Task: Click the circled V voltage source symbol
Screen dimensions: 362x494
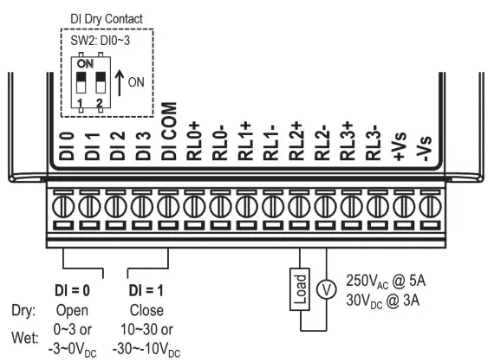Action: click(x=327, y=291)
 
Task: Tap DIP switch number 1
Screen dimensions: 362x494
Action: click(x=81, y=86)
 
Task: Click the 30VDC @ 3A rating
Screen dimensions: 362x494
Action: click(x=383, y=300)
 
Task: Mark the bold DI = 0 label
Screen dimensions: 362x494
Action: click(x=81, y=288)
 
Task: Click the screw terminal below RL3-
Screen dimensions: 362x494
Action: click(x=375, y=209)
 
